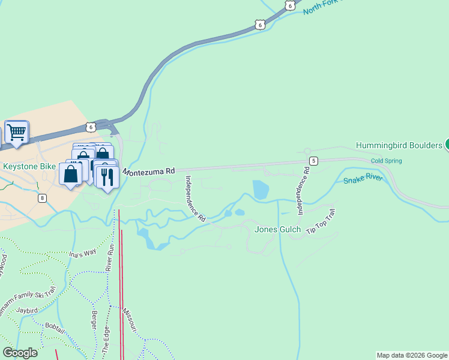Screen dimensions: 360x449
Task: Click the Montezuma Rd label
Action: pos(149,172)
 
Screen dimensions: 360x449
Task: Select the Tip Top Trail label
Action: pos(320,223)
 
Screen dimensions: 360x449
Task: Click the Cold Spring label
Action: pos(386,161)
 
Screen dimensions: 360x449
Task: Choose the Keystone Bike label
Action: pos(29,166)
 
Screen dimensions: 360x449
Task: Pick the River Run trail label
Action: pos(110,256)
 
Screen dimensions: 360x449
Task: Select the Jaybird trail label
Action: pos(28,310)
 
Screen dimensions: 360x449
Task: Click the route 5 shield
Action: pos(313,161)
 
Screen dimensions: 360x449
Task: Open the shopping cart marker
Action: pos(17,132)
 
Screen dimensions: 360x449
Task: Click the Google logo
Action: pos(20,353)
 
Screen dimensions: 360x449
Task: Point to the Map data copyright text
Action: pos(412,355)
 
